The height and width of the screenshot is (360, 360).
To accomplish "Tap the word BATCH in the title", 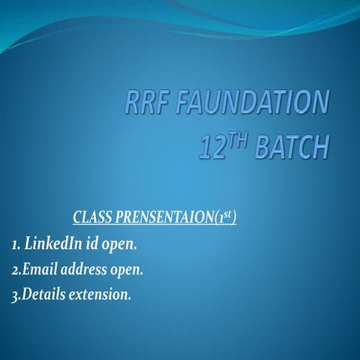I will pyautogui.click(x=292, y=147).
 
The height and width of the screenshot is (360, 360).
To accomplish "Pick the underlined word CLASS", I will pyautogui.click(x=91, y=218).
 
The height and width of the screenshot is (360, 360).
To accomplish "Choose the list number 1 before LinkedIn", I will pyautogui.click(x=15, y=244).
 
